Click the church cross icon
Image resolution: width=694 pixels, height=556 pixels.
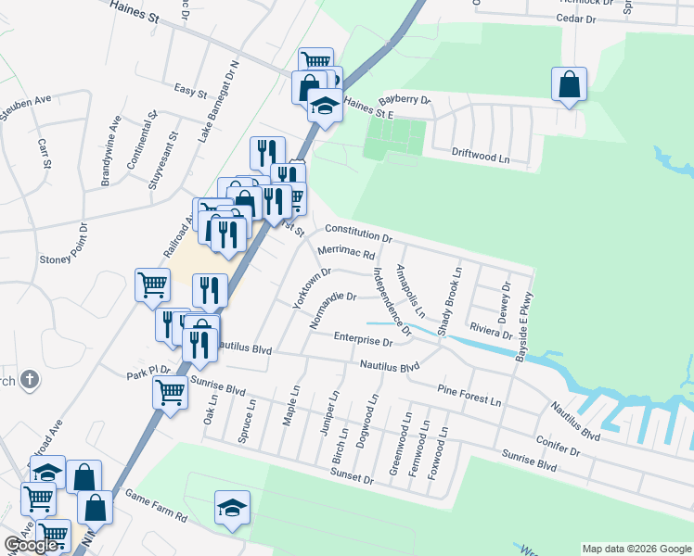pyautogui.click(x=30, y=379)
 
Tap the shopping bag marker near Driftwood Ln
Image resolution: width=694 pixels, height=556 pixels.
pyautogui.click(x=568, y=84)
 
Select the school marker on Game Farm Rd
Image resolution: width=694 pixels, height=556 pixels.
pyautogui.click(x=232, y=507)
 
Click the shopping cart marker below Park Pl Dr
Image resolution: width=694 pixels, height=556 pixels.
pyautogui.click(x=170, y=392)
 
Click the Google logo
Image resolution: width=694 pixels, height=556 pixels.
pyautogui.click(x=32, y=545)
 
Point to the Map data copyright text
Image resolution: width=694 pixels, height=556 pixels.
pyautogui.click(x=636, y=549)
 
